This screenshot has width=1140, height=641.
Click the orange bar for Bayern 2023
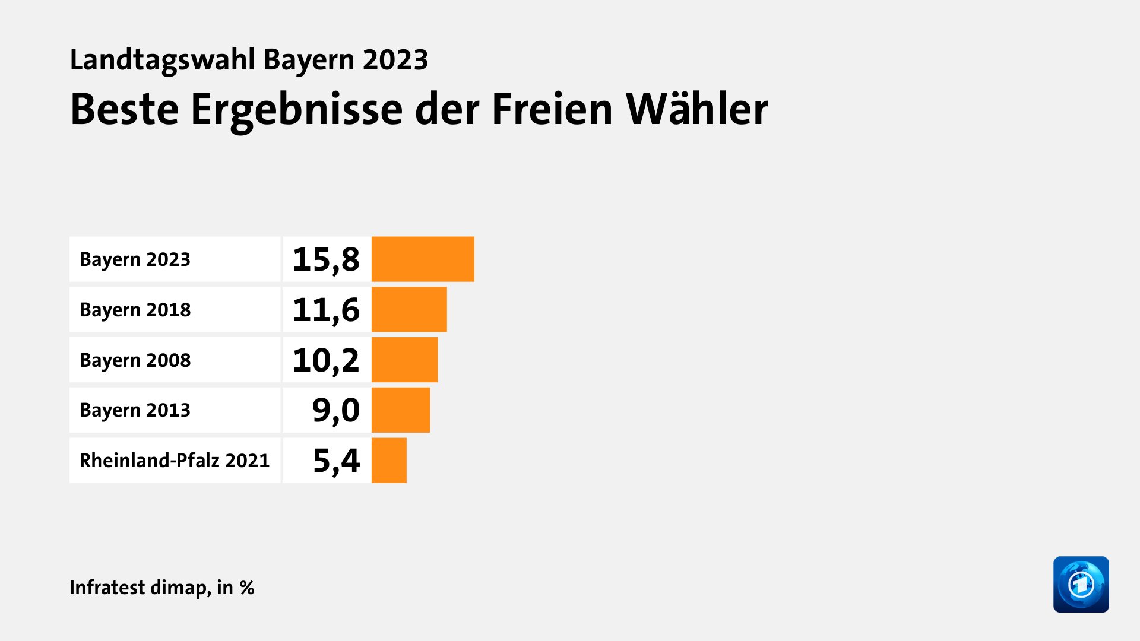point(423,259)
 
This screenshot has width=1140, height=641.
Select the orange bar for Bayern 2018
point(409,309)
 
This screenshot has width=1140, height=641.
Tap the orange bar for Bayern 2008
point(404,360)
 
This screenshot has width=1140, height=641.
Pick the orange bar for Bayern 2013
point(401,410)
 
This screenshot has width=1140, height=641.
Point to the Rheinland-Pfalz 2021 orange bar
point(389,461)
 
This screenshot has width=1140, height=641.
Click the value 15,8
point(326,259)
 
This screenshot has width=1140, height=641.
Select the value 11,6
point(326,310)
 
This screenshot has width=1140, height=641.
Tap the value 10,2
point(326,360)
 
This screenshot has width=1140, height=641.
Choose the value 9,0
point(335,410)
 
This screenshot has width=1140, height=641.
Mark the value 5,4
point(336,461)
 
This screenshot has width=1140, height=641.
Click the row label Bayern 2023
point(135,259)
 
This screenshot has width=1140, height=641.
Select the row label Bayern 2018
point(135,310)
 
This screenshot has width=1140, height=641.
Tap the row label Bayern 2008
point(135,360)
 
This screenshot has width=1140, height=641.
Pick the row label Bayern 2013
point(135,410)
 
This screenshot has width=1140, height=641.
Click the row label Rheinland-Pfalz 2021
point(175,461)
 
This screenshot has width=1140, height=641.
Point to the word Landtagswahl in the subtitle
point(162,60)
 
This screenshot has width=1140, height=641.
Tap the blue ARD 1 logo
point(1081,584)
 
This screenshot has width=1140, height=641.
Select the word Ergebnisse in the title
point(296,110)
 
